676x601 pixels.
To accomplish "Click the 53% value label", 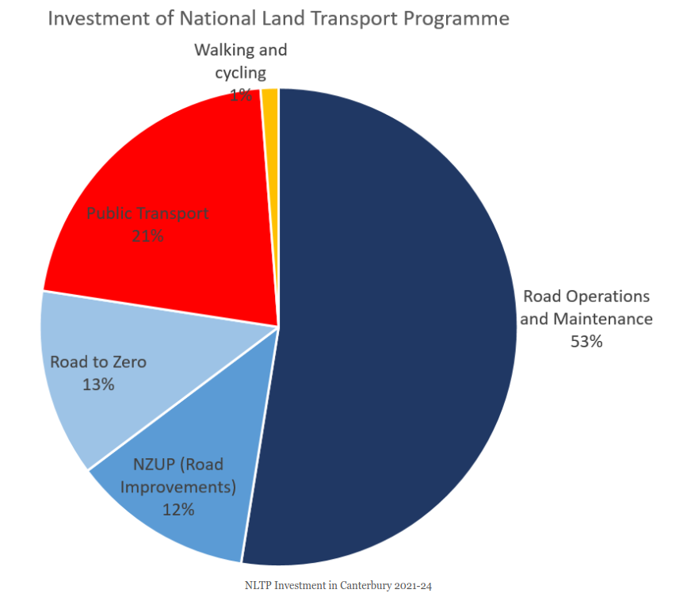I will pos(586,342).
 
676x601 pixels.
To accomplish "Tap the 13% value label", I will pos(98,385).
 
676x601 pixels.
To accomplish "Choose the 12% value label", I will pos(178,509).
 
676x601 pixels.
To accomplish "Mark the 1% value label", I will pos(241,95).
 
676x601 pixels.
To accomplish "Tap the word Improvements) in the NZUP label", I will pos(178,486).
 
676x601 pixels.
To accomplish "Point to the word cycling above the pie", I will pos(240,73).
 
